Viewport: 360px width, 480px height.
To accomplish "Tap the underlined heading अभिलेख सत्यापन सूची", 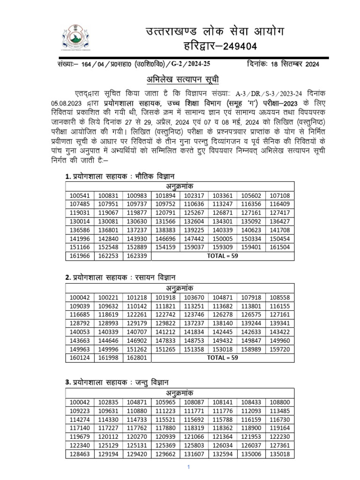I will pos(180,78).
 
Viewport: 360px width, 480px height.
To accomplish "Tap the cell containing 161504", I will pos(280,247).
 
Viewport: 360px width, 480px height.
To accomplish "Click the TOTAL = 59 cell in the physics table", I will pos(223,256).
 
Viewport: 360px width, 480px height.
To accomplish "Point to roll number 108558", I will pos(280,297).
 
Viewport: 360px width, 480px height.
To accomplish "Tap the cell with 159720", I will pos(280,349).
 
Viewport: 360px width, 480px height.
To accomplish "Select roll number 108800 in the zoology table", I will pos(280,402).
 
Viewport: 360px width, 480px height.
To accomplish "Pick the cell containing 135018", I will pos(280,454).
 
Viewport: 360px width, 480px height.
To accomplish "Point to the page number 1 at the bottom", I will pos(187,467).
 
